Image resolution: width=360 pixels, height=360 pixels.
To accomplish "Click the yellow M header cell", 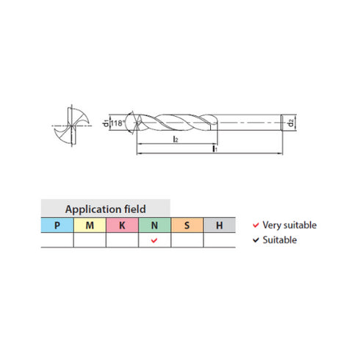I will click(x=90, y=224).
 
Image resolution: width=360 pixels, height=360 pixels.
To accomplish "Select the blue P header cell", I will click(x=57, y=224).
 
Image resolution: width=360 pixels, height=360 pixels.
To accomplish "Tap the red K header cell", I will click(x=122, y=224).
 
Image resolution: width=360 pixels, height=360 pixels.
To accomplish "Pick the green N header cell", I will click(x=154, y=224).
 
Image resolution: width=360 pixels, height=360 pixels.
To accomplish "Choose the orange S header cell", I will click(x=187, y=224).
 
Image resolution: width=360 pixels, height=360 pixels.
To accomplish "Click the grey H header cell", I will click(x=219, y=224).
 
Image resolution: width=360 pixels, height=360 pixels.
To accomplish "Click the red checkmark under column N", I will click(x=154, y=240).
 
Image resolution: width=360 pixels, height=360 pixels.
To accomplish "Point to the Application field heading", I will click(x=106, y=208).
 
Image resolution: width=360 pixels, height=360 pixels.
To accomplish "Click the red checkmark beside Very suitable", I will click(x=255, y=225).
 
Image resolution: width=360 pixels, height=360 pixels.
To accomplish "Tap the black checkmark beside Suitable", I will click(x=255, y=240).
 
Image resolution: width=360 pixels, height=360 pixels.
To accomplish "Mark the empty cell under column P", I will click(x=57, y=240).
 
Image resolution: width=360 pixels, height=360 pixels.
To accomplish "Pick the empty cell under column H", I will click(x=219, y=240).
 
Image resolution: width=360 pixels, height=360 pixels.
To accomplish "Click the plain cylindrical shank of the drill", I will click(x=250, y=122).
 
